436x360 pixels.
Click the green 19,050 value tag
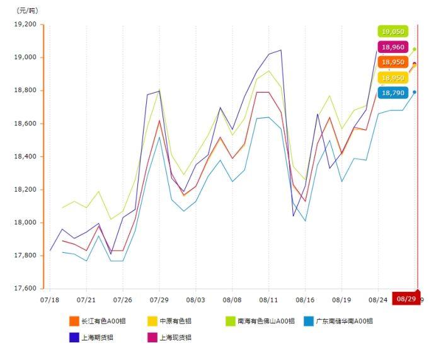click(x=393, y=32)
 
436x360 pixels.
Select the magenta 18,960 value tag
click(x=393, y=47)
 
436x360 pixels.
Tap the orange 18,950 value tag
click(x=393, y=62)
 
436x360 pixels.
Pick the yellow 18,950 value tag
click(x=393, y=78)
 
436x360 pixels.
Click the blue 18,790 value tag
click(x=393, y=93)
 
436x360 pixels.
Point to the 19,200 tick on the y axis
click(x=26, y=25)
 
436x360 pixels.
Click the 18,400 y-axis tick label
click(x=26, y=156)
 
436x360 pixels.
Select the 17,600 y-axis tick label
click(x=26, y=289)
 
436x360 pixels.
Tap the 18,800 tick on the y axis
click(x=26, y=90)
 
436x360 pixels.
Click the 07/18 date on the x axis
click(x=50, y=300)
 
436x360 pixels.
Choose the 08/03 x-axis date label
click(x=196, y=300)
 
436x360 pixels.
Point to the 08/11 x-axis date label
click(x=269, y=300)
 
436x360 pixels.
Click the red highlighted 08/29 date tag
click(x=406, y=298)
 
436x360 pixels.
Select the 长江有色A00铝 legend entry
click(x=97, y=322)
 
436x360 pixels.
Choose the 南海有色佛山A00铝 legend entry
click(x=260, y=322)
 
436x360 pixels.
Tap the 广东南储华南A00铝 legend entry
click(x=338, y=322)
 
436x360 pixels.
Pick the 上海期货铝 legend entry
click(x=93, y=337)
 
